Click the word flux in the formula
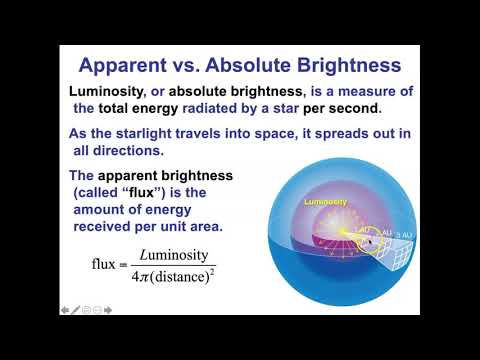102,263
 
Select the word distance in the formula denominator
186,274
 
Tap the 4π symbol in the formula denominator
143,274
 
